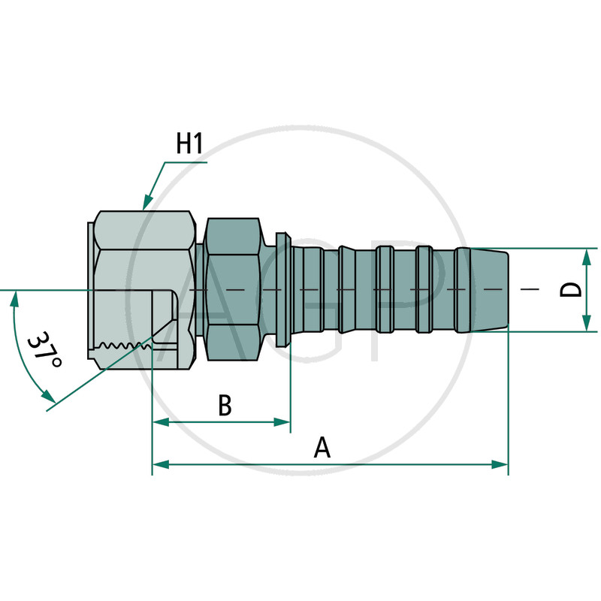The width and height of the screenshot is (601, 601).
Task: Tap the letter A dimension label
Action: point(322,448)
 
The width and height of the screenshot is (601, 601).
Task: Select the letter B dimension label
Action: point(225,406)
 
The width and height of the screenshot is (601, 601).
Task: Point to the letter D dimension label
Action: point(572,290)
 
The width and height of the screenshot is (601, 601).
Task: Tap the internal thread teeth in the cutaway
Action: point(124,346)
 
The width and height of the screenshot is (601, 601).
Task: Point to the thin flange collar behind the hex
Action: point(282,289)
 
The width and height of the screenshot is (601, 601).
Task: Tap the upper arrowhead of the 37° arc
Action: point(14,298)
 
